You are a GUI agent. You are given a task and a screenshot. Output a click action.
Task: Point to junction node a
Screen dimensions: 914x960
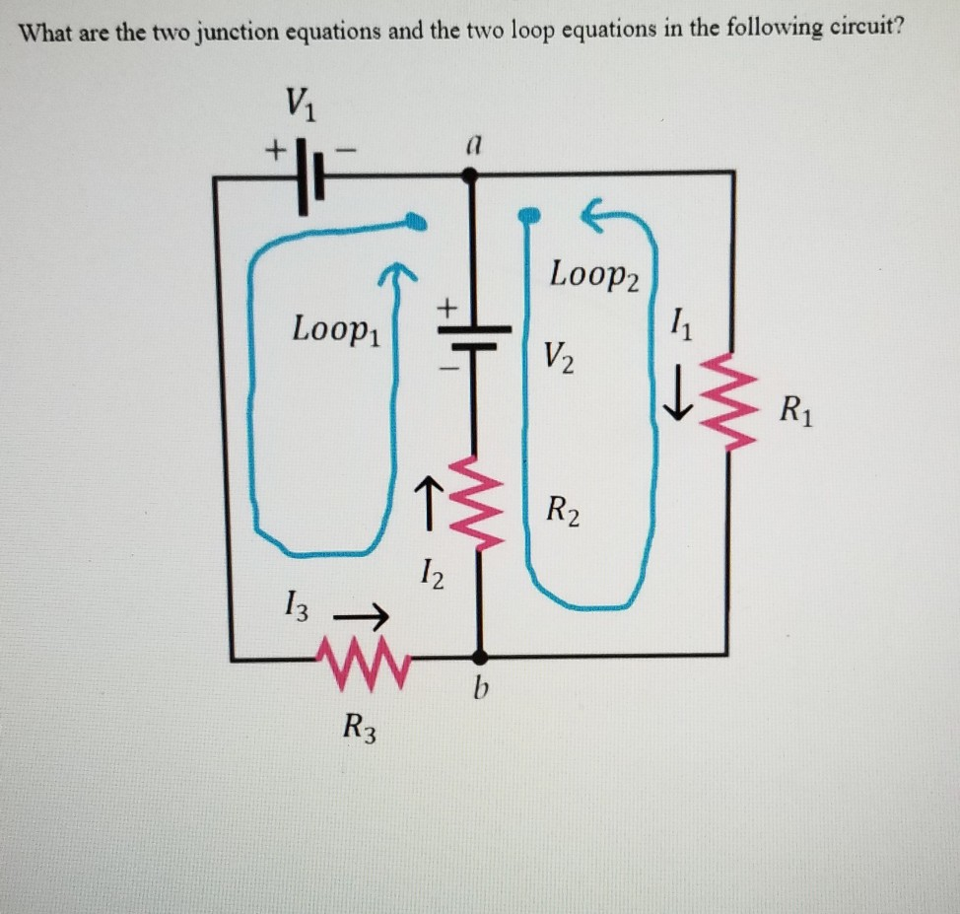tap(471, 174)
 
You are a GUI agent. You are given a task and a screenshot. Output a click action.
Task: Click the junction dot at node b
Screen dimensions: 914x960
tap(480, 656)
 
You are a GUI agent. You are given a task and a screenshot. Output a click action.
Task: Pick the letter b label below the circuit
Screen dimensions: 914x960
tap(480, 690)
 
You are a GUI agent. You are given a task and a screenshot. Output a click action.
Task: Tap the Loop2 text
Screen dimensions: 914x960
tap(595, 273)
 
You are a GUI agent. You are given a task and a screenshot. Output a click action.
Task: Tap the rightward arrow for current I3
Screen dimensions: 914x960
tap(361, 618)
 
